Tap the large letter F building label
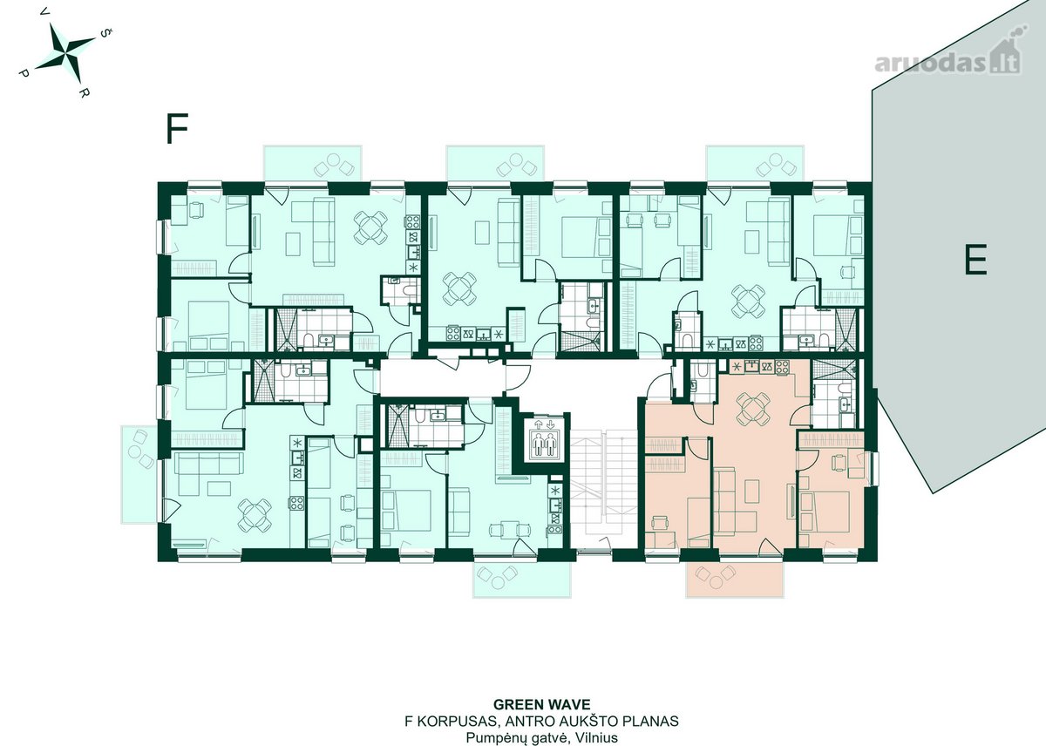[177, 128]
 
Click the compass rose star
[65, 52]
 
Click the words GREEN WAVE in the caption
[541, 704]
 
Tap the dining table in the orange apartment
[753, 409]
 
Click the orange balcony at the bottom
[735, 580]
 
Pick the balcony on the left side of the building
[139, 474]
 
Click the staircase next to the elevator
[603, 490]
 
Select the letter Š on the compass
[106, 32]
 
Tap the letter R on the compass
[84, 92]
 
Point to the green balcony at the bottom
[522, 580]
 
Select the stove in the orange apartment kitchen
[782, 367]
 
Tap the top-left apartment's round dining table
[370, 227]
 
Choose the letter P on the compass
[24, 73]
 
